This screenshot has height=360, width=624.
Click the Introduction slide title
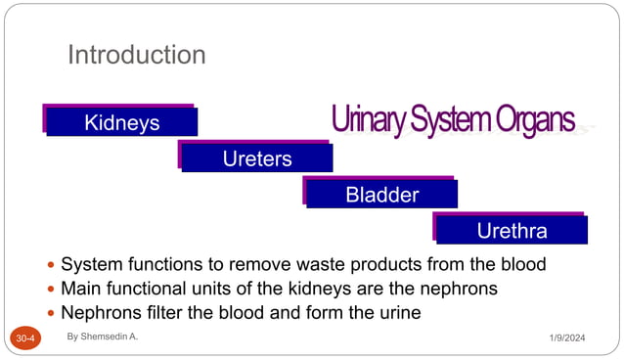pyautogui.click(x=136, y=55)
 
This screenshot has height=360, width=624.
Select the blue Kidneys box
pyautogui.click(x=122, y=122)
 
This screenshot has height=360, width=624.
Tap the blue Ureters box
pyautogui.click(x=256, y=158)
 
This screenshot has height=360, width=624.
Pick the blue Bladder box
pyautogui.click(x=381, y=195)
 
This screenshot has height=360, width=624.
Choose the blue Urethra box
pyautogui.click(x=512, y=231)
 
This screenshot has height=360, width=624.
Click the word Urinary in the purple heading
pyautogui.click(x=367, y=121)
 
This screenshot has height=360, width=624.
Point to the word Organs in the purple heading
pyautogui.click(x=535, y=121)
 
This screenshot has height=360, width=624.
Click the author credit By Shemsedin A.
pyautogui.click(x=103, y=336)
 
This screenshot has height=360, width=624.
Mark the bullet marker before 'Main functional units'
pyautogui.click(x=51, y=291)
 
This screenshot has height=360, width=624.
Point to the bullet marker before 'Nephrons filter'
pyautogui.click(x=51, y=315)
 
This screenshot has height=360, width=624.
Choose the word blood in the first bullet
pyautogui.click(x=520, y=265)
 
